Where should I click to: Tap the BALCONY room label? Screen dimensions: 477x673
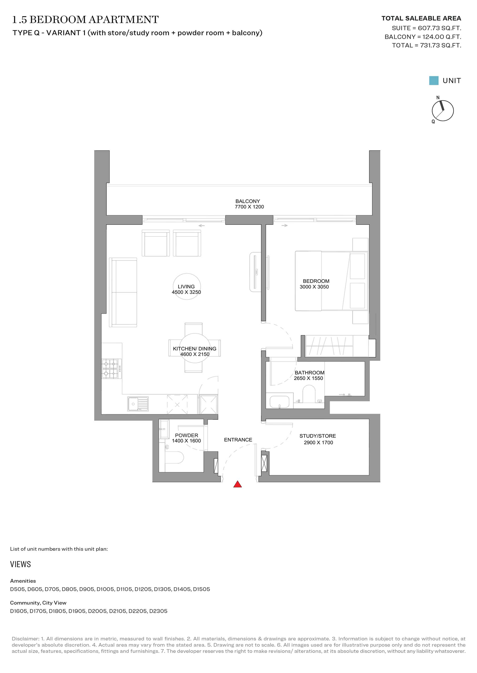248,201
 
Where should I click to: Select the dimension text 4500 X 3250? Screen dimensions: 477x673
186,292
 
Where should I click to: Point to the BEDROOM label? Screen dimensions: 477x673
316,281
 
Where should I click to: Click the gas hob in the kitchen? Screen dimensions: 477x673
112,369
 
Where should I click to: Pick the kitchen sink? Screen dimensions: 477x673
138,404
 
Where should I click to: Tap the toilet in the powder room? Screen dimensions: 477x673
174,458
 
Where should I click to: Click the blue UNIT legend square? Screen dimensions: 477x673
434,81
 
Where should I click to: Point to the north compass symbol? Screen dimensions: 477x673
442,111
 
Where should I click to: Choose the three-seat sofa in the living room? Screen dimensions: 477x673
123,292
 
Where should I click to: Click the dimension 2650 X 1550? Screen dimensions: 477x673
308,378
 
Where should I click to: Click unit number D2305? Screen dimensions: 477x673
158,611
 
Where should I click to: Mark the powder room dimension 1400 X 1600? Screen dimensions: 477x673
186,441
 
